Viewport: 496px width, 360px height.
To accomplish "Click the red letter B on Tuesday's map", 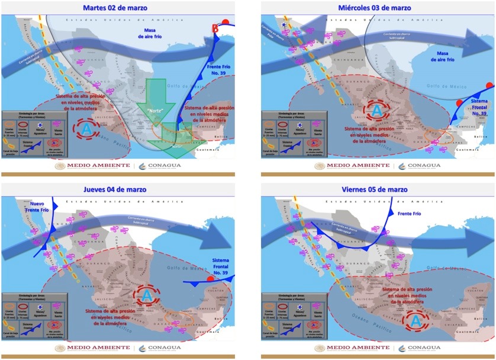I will (x=215, y=28).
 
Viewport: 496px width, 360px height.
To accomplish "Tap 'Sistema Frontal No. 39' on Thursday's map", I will (x=226, y=266).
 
